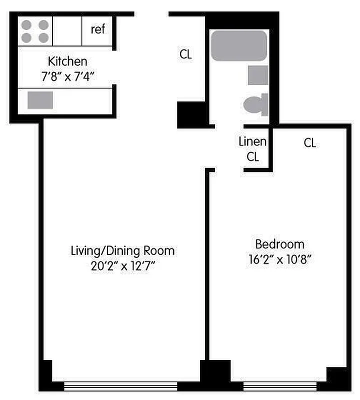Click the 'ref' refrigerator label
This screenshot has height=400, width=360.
pyautogui.click(x=98, y=29)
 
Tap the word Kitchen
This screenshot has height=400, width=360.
pyautogui.click(x=67, y=61)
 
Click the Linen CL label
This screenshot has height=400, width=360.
pyautogui.click(x=252, y=149)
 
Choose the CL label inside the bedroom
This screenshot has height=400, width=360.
pyautogui.click(x=309, y=143)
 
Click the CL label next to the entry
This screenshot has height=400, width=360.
pyautogui.click(x=185, y=54)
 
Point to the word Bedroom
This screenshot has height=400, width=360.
pyautogui.click(x=279, y=244)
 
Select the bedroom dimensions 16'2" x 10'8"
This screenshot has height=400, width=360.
pyautogui.click(x=279, y=260)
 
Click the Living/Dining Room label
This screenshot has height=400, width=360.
pyautogui.click(x=122, y=250)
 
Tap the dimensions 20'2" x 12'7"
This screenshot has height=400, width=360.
pyautogui.click(x=122, y=266)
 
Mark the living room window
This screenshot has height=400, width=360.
pyautogui.click(x=120, y=386)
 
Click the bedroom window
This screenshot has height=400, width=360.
pyautogui.click(x=279, y=386)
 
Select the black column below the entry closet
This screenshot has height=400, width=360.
pyautogui.click(x=192, y=115)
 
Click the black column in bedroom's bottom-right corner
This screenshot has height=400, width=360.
pyautogui.click(x=338, y=378)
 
